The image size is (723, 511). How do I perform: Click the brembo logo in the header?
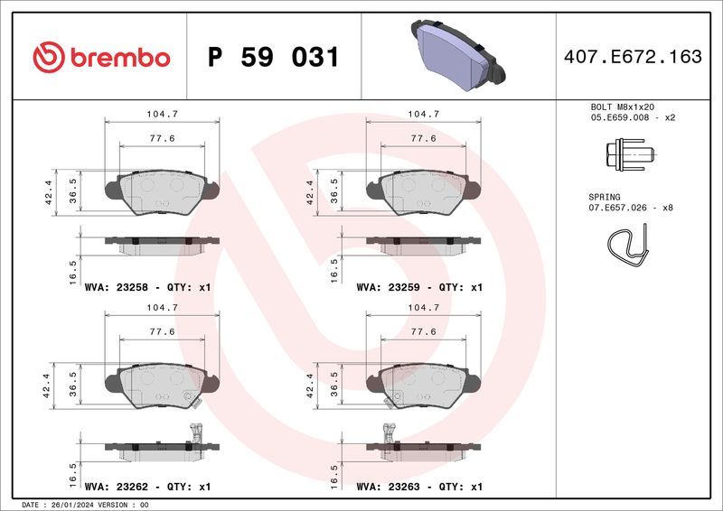click(x=101, y=58)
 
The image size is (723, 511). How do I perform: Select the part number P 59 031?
click(x=273, y=58)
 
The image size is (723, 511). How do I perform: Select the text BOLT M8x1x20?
click(x=622, y=107)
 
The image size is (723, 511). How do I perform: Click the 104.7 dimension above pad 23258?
click(x=162, y=114)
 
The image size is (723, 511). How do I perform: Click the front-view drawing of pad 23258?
click(x=163, y=191)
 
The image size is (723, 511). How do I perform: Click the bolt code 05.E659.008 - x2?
click(x=633, y=117)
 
